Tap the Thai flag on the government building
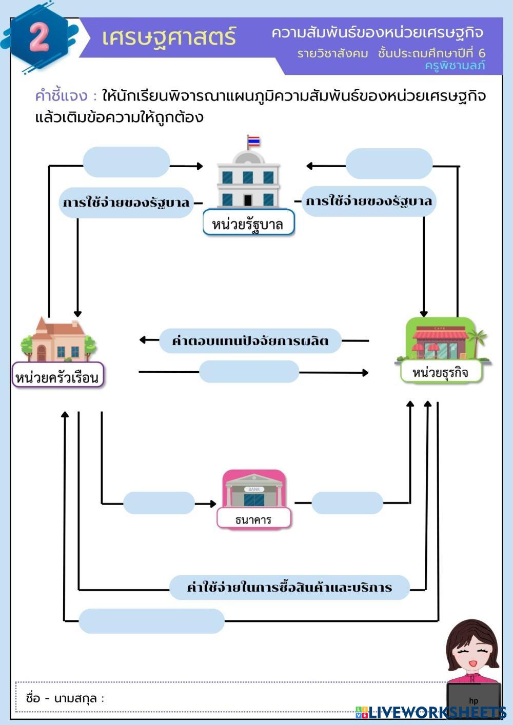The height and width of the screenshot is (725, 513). click(x=253, y=141)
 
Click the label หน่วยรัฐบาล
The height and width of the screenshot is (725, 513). click(x=248, y=223)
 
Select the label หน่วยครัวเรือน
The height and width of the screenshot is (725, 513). click(x=57, y=375)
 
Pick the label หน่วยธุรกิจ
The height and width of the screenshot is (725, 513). click(x=441, y=372)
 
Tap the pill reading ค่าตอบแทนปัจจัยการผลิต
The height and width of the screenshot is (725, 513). click(x=250, y=340)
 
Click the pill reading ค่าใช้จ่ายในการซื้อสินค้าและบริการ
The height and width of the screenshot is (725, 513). click(x=289, y=587)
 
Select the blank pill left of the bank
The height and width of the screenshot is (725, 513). click(x=159, y=502)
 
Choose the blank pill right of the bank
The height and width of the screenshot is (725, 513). click(x=347, y=502)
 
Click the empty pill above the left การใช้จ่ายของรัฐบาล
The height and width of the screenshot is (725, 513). click(x=126, y=162)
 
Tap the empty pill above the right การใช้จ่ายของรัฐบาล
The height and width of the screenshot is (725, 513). click(x=389, y=164)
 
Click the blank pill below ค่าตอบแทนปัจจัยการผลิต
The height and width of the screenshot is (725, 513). click(x=249, y=371)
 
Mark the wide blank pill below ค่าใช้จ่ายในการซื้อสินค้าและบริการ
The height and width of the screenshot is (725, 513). click(x=151, y=621)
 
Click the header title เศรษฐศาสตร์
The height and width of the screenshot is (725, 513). click(x=169, y=37)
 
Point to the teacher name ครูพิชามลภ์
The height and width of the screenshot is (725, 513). click(x=455, y=66)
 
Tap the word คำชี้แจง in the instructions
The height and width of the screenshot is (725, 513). click(x=61, y=96)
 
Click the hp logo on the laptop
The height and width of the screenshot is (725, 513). click(x=473, y=701)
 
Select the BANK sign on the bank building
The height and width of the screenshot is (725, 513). click(x=254, y=489)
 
